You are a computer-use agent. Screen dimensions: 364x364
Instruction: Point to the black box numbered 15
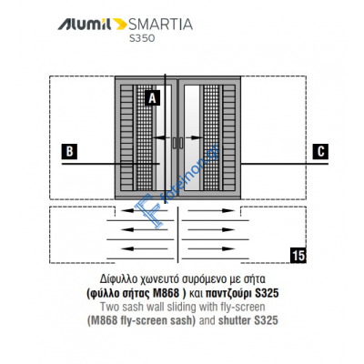pos(297,255)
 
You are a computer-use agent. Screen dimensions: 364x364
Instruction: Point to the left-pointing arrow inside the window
pos(160,139)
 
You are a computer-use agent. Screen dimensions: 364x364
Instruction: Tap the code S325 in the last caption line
pos(263,320)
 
